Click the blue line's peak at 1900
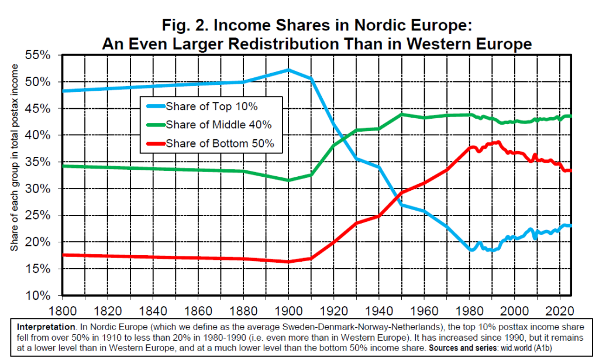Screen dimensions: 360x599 coord(288,70)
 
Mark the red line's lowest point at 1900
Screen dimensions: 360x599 coord(288,262)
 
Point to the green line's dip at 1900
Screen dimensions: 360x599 coord(288,180)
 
